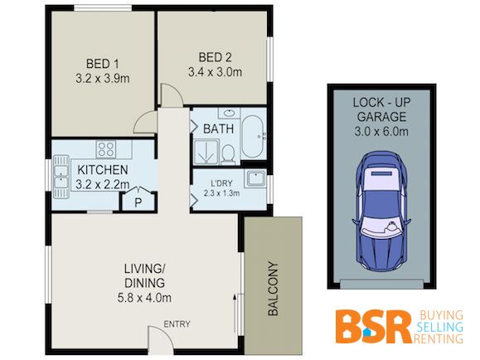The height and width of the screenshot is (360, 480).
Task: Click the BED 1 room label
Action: pos(102,64)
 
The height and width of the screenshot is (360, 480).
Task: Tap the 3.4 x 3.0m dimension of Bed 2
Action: pos(215,72)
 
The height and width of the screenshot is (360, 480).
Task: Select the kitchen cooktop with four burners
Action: pos(106,149)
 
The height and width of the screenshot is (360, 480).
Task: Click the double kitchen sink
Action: pos(61,177)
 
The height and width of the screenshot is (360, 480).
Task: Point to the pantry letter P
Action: pos(138,202)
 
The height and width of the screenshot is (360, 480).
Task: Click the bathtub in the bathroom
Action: pos(252,136)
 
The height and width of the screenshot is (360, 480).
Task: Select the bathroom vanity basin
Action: pos(229,113)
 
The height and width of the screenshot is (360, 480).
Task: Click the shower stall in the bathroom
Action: pos(206,153)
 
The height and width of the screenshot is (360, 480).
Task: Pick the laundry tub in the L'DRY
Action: pos(255,178)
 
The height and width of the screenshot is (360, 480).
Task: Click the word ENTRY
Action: pos(177,324)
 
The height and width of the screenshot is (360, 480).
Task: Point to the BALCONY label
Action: pos(273,289)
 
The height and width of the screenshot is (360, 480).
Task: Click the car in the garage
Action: pos(381,212)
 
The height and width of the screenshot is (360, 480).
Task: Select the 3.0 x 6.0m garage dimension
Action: pos(381,132)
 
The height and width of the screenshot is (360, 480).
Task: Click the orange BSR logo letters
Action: pos(372,327)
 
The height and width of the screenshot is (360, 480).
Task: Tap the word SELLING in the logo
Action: pos(440,327)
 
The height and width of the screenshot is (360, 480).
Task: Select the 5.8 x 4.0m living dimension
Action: pos(144,298)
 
